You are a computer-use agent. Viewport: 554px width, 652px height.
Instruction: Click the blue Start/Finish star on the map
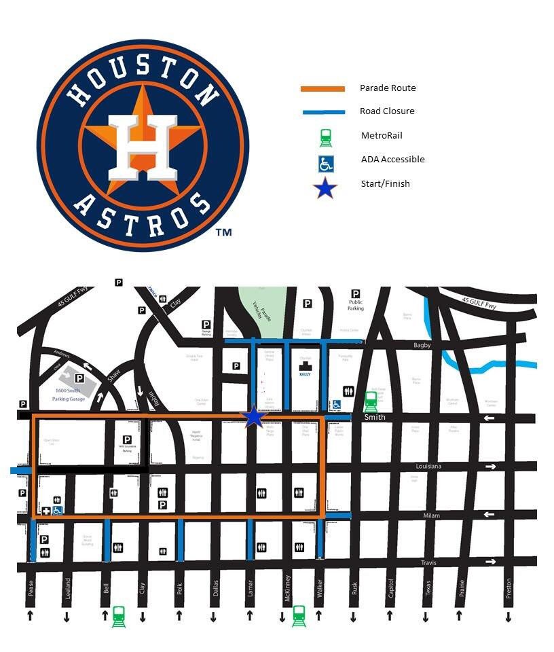(253, 416)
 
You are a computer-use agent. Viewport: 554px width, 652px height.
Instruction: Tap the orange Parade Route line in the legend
(322, 88)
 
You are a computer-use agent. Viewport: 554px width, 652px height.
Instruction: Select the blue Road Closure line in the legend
(322, 111)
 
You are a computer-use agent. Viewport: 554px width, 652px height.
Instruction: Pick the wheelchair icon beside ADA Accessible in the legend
(326, 163)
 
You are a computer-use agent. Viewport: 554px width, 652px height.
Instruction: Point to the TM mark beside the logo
(223, 232)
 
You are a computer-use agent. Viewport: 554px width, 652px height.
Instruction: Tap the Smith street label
(374, 417)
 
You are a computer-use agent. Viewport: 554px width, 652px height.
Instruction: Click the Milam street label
(431, 516)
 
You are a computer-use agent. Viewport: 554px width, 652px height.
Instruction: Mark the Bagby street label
(423, 346)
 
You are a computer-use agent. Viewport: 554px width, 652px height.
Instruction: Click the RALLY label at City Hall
(305, 374)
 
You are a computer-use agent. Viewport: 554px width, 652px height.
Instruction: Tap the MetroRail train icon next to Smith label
(371, 401)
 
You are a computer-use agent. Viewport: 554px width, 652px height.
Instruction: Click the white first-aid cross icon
(46, 511)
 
